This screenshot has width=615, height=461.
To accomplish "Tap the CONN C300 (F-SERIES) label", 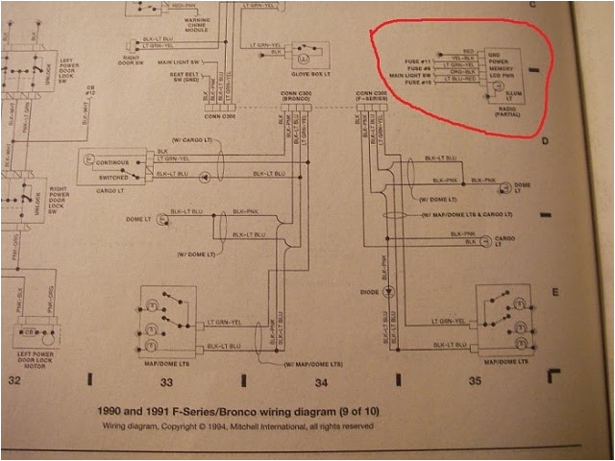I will pyautogui.click(x=373, y=96).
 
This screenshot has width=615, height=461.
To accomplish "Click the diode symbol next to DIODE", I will pyautogui.click(x=388, y=290).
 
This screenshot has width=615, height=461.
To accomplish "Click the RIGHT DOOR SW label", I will pyautogui.click(x=131, y=60).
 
